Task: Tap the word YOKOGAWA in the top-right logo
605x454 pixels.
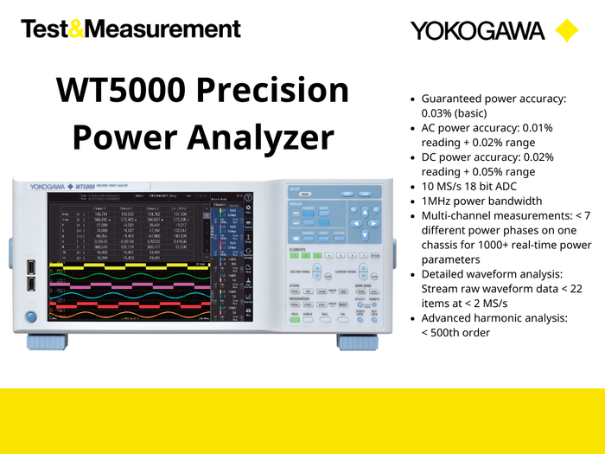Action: tap(477, 31)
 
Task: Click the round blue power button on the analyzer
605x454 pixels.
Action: tap(32, 317)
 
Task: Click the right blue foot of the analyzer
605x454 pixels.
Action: tap(356, 342)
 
